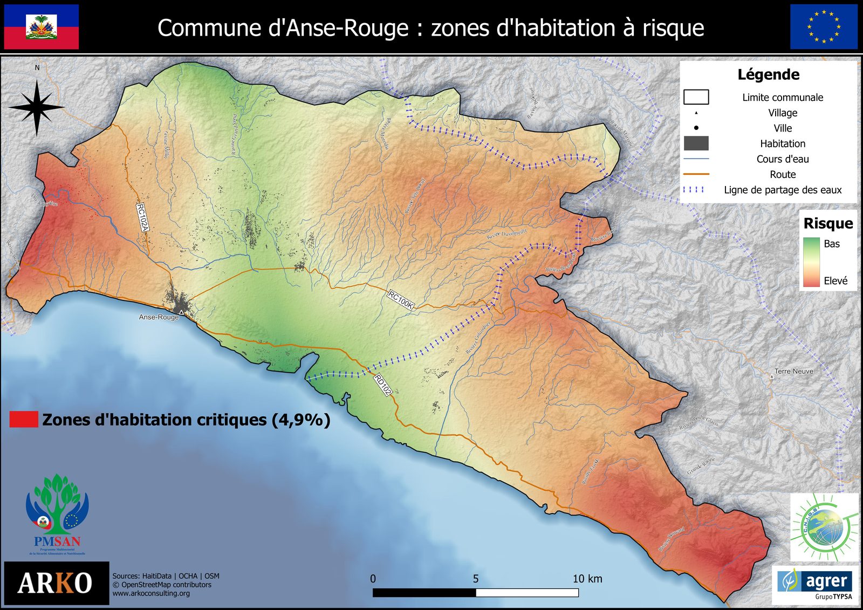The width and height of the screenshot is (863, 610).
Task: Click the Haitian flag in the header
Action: coord(42,27)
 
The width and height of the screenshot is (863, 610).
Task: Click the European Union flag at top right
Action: coord(824,27)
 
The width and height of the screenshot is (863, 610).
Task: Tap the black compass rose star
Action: coord(36,107)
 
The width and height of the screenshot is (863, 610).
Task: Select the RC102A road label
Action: coord(142,217)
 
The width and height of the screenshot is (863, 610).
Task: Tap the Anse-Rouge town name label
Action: coord(159,317)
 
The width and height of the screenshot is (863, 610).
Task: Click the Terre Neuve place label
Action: coord(793,371)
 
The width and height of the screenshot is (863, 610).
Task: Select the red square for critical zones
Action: coord(24,420)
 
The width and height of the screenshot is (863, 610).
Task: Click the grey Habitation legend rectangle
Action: coord(696,143)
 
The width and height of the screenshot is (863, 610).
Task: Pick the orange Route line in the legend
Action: coord(696,174)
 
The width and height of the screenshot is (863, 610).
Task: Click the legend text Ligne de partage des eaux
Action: coord(783,190)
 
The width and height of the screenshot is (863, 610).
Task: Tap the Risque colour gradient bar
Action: coord(811,262)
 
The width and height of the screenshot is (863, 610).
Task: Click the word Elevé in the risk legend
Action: coord(835,280)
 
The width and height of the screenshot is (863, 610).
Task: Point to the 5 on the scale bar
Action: coord(476,579)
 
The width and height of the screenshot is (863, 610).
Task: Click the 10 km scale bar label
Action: coord(587,579)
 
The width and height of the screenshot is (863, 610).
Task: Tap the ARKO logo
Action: coord(56,583)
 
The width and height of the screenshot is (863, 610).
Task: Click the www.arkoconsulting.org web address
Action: coord(151,593)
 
